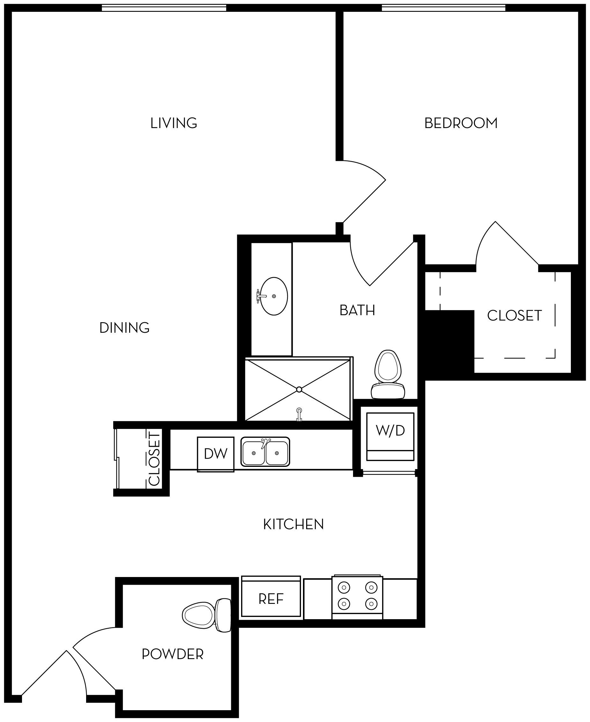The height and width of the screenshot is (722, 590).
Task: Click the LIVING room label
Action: [174, 123]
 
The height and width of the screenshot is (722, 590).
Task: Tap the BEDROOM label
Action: [461, 123]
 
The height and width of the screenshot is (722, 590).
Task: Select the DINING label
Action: [124, 328]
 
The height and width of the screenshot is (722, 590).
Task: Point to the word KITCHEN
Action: [293, 524]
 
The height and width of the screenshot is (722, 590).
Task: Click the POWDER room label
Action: [173, 654]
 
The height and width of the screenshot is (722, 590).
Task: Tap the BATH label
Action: [357, 310]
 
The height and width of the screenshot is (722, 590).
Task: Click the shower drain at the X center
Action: [299, 389]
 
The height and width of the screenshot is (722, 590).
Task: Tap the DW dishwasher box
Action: [216, 453]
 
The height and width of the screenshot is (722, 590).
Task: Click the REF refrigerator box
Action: [271, 599]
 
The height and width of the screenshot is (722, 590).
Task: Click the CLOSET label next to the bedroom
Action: [514, 315]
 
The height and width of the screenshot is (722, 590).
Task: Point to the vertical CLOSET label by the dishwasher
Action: [154, 459]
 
